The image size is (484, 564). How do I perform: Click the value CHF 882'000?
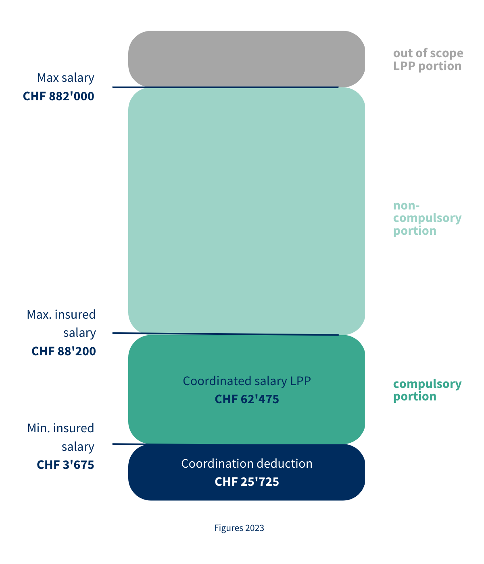58,96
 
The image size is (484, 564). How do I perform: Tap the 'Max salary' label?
65,77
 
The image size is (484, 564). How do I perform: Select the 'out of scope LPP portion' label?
428,60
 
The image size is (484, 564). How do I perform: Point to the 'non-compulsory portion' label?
427,218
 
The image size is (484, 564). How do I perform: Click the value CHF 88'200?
64,351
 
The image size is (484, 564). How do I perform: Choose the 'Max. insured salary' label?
61,323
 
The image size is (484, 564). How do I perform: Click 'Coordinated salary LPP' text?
246,381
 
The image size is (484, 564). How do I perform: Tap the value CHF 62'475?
246,399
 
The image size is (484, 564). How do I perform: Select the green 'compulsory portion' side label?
427,390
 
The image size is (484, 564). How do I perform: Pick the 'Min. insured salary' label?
60,437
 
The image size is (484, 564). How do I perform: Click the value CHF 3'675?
65,465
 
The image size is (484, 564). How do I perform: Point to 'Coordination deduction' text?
246,464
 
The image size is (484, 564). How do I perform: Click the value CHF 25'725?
246,482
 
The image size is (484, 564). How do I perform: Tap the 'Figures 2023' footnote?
239,528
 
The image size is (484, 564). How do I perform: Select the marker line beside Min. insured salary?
120,444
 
